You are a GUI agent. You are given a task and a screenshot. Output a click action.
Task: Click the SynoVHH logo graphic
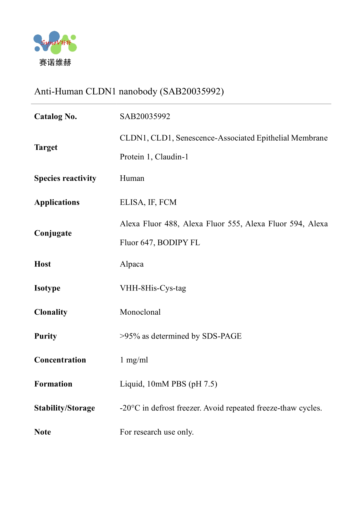click(x=55, y=43)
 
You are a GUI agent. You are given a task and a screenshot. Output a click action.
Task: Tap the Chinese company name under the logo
click(x=55, y=63)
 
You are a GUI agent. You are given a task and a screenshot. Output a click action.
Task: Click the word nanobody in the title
click(x=138, y=91)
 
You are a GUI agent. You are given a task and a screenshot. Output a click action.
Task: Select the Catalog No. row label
click(x=56, y=116)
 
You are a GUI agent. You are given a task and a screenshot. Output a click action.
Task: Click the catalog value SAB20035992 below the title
click(x=145, y=116)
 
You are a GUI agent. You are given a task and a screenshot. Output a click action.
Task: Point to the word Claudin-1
click(x=172, y=157)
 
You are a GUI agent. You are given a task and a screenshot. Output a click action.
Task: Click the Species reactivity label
click(x=65, y=178)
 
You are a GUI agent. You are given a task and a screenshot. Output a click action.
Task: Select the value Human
click(x=132, y=178)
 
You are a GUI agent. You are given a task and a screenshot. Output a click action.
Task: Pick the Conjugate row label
click(x=53, y=233)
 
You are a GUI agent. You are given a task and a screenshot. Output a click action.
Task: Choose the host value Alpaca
click(x=132, y=264)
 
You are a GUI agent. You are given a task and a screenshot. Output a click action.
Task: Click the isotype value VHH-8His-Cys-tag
click(x=153, y=288)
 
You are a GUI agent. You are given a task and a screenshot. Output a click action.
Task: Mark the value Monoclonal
click(x=140, y=312)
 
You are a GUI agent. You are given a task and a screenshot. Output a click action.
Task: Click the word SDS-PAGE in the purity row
click(x=222, y=336)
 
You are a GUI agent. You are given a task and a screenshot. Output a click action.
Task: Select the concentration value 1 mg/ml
click(x=134, y=360)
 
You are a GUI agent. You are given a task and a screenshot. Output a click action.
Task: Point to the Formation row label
click(x=53, y=384)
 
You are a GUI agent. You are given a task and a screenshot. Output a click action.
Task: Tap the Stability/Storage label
click(x=64, y=408)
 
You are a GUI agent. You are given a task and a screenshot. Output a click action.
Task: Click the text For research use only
click(x=156, y=432)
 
